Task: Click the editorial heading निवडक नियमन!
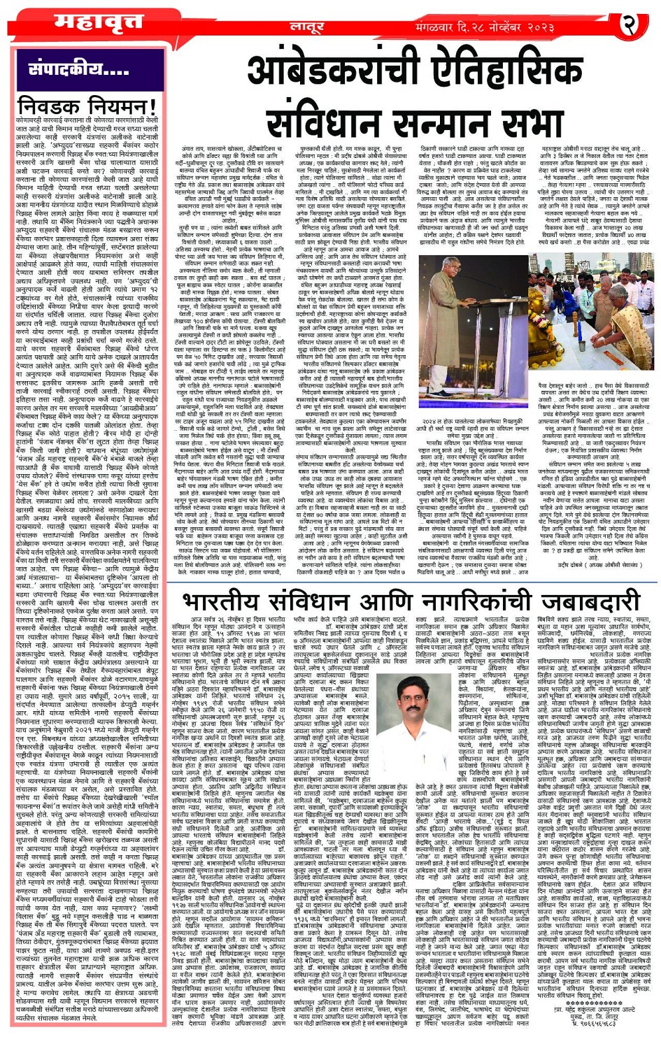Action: pyautogui.click(x=87, y=107)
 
